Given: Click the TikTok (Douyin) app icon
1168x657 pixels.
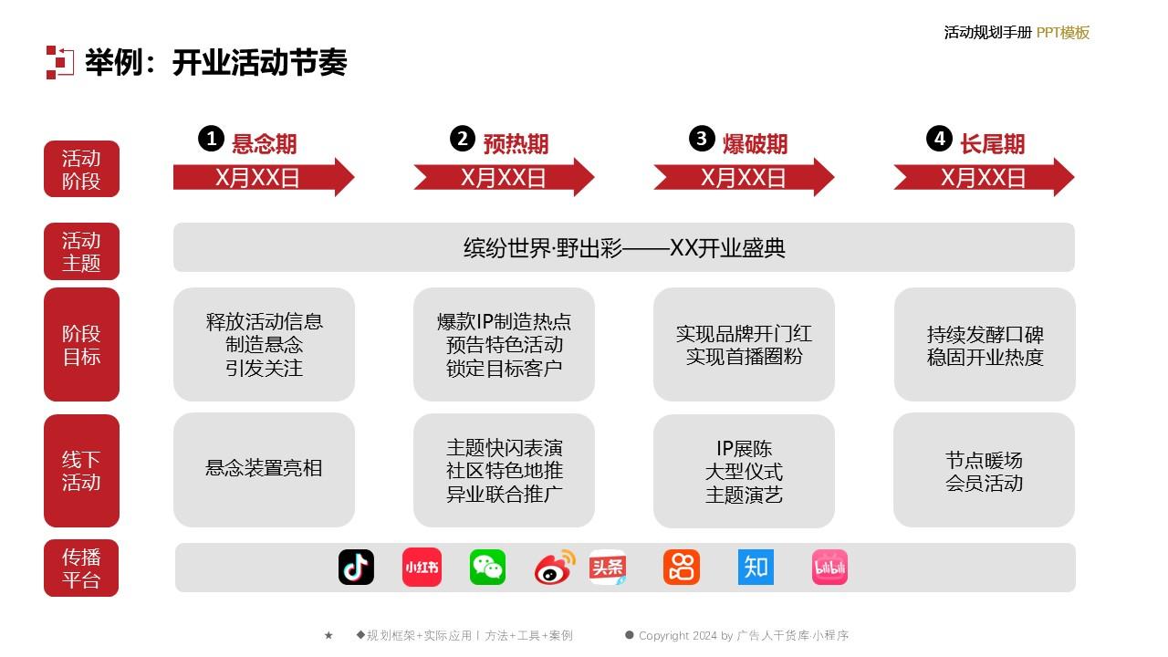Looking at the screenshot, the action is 356,567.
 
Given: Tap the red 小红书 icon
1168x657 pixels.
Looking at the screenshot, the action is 422,567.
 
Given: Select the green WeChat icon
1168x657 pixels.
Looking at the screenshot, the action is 487,567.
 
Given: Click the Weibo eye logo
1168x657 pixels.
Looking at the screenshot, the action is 554,567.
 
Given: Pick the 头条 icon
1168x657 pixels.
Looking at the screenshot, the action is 608,567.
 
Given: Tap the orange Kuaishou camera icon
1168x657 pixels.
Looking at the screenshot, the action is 682,567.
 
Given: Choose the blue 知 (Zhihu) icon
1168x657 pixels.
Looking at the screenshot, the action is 756,567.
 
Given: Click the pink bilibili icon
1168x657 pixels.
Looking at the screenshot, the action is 829,567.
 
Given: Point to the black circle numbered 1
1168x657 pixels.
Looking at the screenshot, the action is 211,139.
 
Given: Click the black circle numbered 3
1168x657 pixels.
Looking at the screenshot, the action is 702,139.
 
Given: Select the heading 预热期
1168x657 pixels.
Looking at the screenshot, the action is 516,144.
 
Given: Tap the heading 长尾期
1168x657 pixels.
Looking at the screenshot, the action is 992,144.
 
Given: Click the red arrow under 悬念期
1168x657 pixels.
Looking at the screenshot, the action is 264,177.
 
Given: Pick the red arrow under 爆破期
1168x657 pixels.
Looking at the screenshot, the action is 744,177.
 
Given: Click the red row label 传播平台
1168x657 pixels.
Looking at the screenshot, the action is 81,568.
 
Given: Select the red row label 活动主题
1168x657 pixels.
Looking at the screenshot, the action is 81,251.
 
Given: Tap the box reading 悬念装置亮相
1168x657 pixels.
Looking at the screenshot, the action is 264,470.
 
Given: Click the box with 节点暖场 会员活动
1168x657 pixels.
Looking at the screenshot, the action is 984,470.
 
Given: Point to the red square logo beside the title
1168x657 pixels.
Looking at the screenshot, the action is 60,63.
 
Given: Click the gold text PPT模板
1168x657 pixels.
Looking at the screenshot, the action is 1063,32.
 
